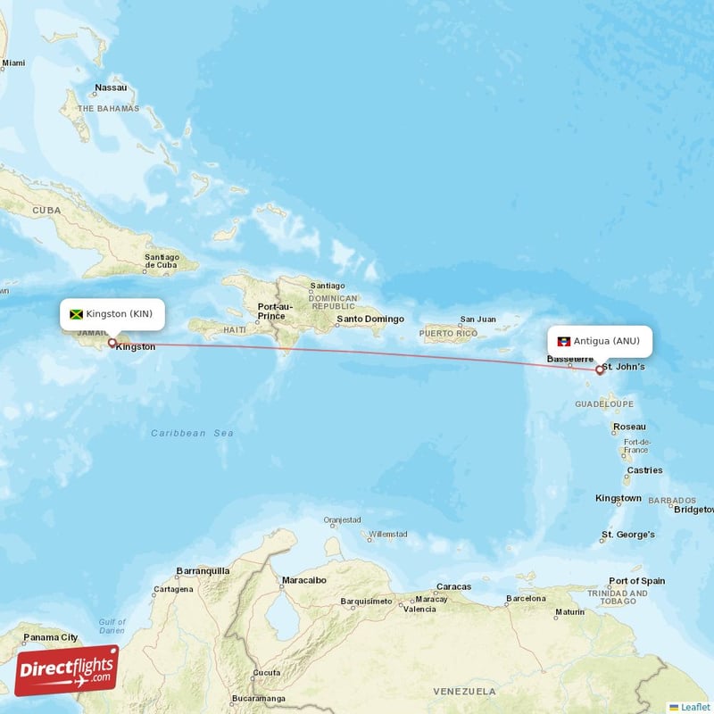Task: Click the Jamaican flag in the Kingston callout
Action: click(76, 314)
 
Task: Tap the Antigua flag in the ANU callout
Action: click(563, 341)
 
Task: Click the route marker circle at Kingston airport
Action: click(112, 342)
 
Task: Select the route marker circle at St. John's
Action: click(600, 369)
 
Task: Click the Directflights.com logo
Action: click(67, 670)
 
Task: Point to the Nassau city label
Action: click(111, 87)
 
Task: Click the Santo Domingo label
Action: click(369, 319)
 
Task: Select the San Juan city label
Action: click(477, 319)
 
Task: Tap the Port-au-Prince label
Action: click(270, 311)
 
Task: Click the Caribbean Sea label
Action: click(192, 433)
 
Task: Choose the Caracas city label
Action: click(453, 586)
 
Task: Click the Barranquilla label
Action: click(203, 570)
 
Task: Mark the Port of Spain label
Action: click(636, 580)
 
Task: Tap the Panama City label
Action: click(50, 637)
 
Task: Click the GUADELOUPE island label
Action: click(603, 404)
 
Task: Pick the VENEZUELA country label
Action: click(464, 692)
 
